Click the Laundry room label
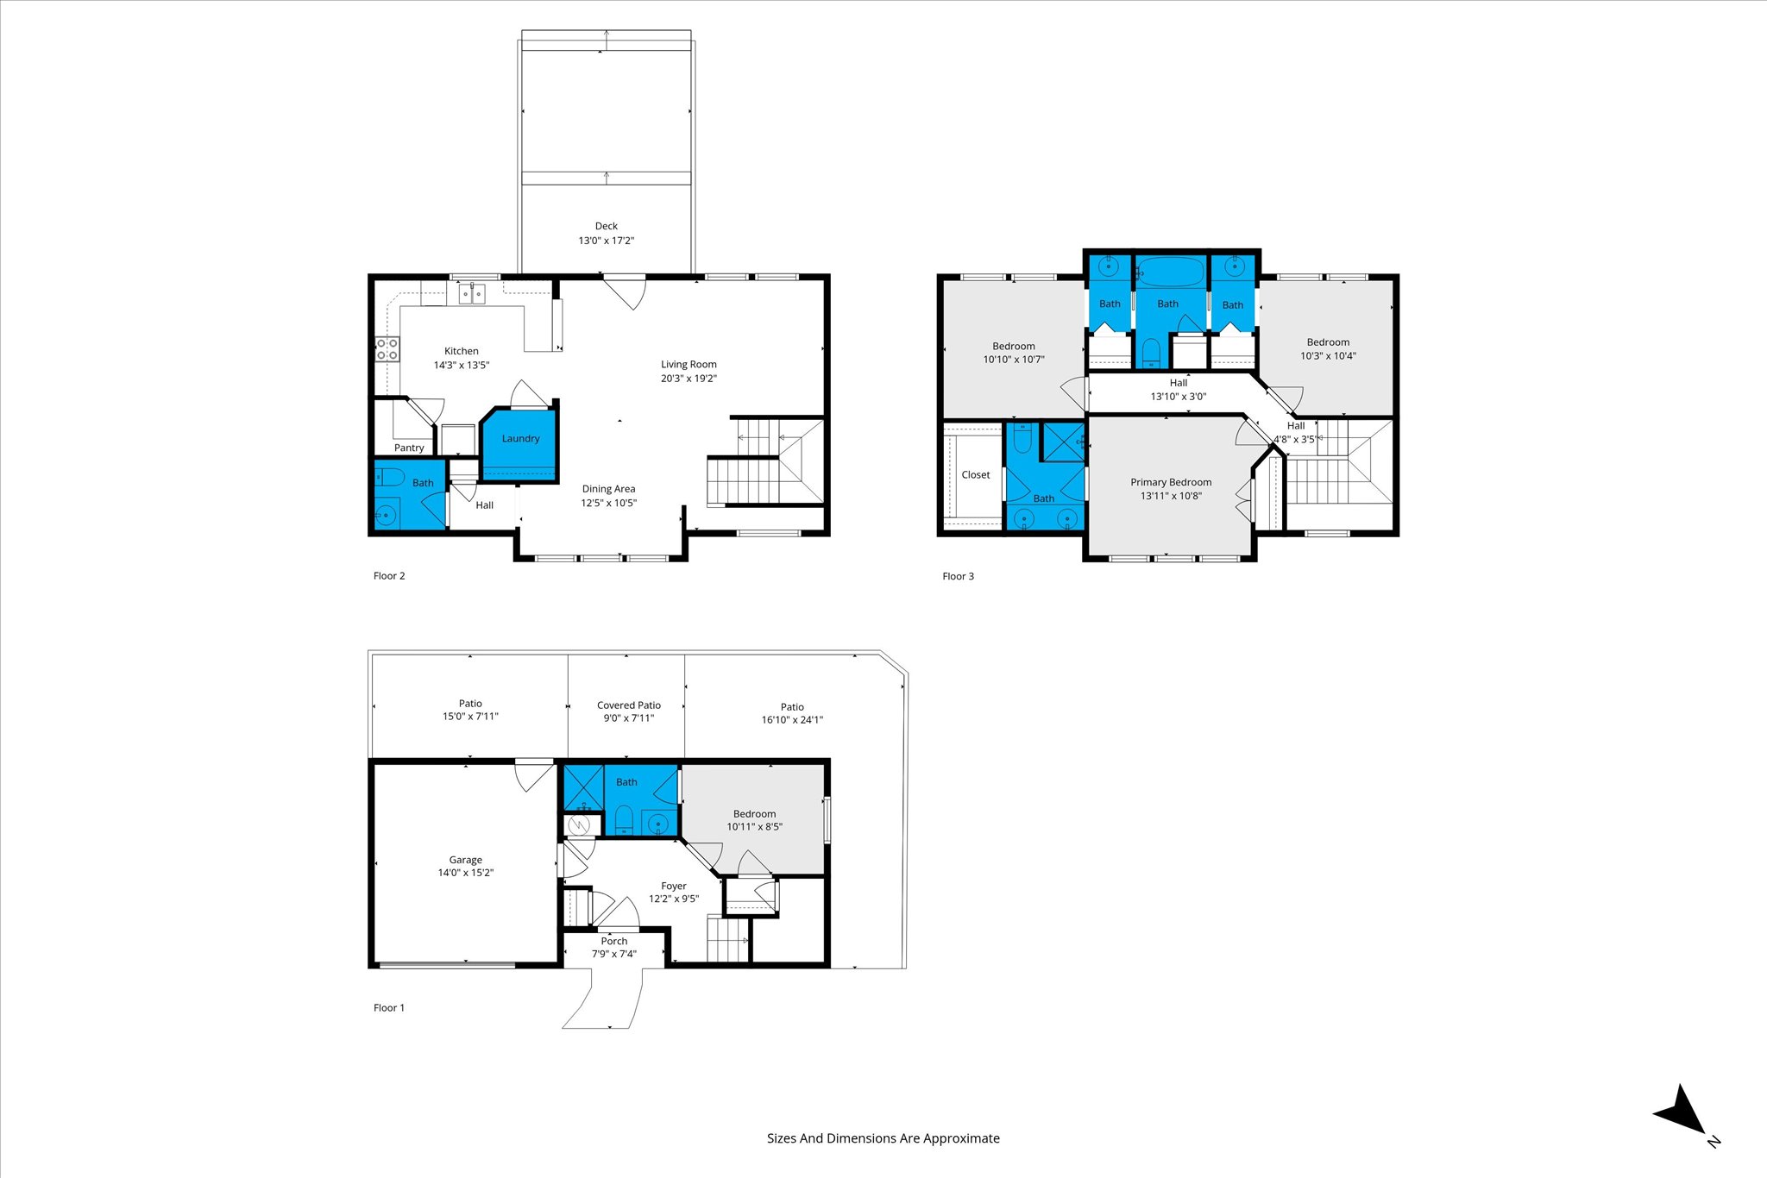[x=520, y=438]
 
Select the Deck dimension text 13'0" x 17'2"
[x=606, y=241]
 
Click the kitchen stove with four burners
[x=387, y=349]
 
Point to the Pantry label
[x=409, y=448]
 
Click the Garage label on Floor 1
[x=465, y=860]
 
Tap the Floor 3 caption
[x=958, y=576]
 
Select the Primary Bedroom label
[x=1171, y=482]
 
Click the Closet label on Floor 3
[x=976, y=474]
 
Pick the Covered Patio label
[x=629, y=705]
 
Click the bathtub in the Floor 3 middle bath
[x=1169, y=273]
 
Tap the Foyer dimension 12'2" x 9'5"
[x=674, y=899]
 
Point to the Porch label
[x=614, y=941]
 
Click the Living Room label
[x=689, y=364]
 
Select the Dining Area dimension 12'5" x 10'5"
[x=608, y=503]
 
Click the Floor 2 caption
[x=389, y=576]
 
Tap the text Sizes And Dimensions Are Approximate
[x=883, y=1138]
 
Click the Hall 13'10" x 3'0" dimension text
[x=1179, y=397]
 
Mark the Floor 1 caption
[x=389, y=1007]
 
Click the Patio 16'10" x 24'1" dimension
[x=792, y=719]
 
